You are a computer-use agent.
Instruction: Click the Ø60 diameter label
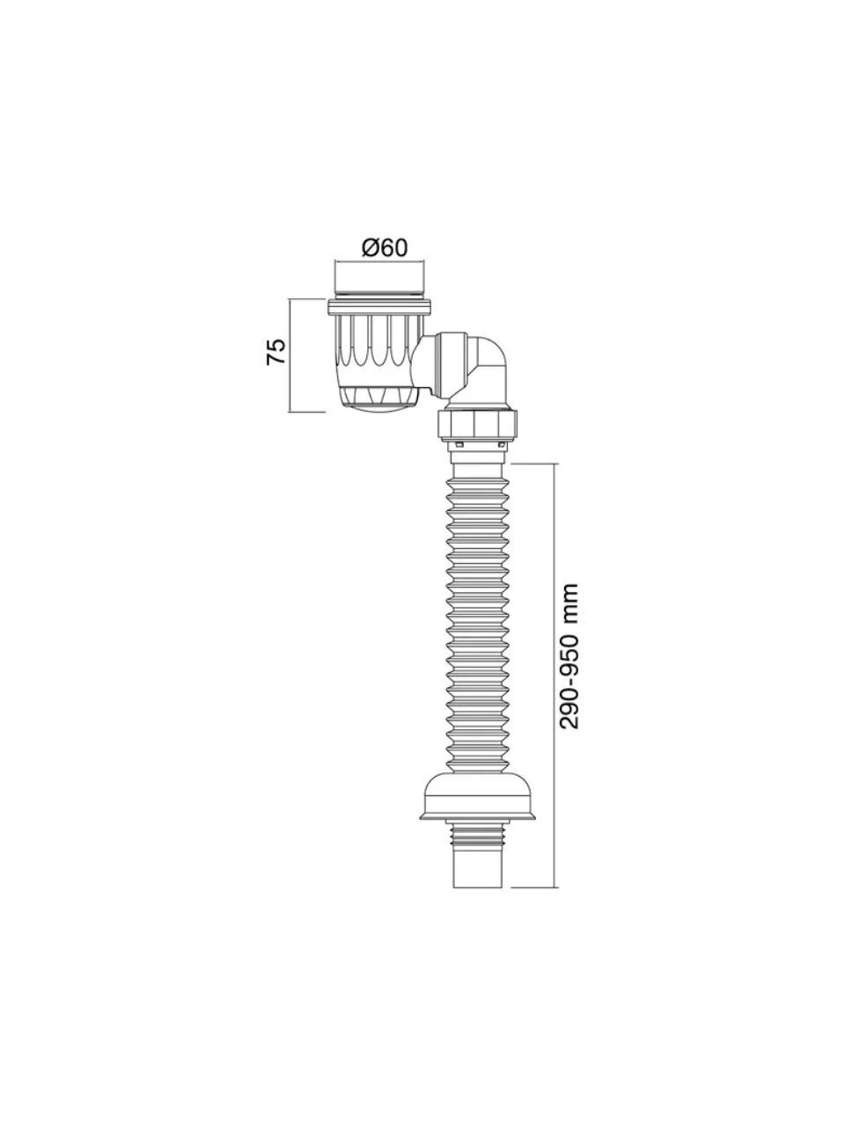click(x=385, y=248)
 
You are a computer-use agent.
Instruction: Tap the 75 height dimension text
click(x=276, y=351)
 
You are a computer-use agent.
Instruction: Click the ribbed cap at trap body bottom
click(x=373, y=398)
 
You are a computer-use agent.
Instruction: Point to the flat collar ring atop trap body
click(x=380, y=308)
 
